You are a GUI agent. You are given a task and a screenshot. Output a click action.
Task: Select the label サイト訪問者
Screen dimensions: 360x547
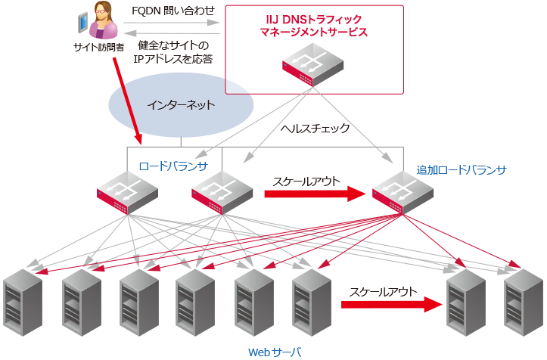[x=98, y=47]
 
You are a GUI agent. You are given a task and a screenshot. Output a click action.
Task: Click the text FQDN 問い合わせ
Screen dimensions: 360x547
[x=173, y=11]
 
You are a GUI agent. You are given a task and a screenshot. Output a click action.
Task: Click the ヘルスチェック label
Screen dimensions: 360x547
[x=315, y=129]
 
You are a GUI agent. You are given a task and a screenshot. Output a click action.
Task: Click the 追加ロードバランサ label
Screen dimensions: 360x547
[x=461, y=169]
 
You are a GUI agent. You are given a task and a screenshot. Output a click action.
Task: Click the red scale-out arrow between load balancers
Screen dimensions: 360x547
[x=314, y=194]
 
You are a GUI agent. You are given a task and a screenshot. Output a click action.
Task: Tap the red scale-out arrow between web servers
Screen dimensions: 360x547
[x=390, y=304]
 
